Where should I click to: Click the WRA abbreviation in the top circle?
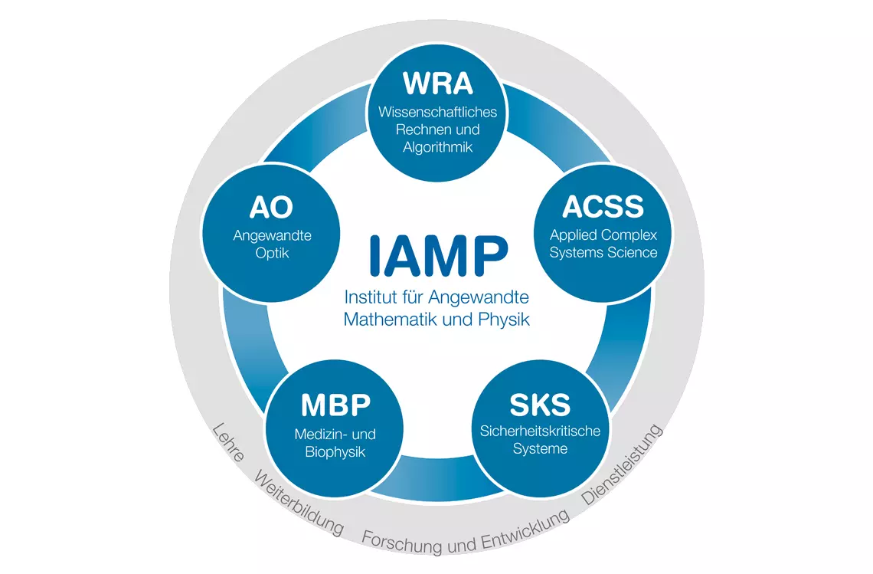coord(437,84)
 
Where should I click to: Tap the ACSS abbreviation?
coord(603,207)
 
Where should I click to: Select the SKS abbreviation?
coord(540,405)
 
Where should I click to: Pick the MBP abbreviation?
coord(335,405)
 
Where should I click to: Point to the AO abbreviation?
coord(271,208)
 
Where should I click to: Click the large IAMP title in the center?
coord(438,255)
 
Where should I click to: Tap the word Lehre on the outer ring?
coord(228,442)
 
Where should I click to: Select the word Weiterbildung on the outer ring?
coord(299,503)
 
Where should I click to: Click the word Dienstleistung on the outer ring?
coord(623,464)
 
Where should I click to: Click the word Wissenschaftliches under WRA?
coord(437,112)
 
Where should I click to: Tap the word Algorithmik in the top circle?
coord(437,148)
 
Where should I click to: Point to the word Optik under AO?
coord(273,253)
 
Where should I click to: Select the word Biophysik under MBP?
coord(335,452)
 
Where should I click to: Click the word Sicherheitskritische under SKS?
coord(540,431)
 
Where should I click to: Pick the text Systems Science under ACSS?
coord(603,252)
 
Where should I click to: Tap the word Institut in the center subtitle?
coord(369,297)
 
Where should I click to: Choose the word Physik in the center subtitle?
coord(504,320)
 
